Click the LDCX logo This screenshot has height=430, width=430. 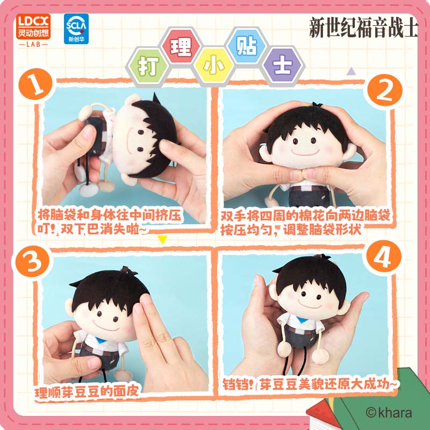(33, 30)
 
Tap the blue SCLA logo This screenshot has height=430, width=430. (76, 29)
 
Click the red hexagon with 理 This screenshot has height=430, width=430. (181, 47)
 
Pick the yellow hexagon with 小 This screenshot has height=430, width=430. (213, 66)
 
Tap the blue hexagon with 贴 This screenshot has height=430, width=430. (246, 46)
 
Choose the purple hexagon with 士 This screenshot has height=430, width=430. (283, 66)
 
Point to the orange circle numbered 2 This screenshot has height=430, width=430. (384, 91)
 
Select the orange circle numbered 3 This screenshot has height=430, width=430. (32, 262)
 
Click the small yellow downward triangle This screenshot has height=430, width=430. (162, 239)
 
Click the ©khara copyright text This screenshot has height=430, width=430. (389, 412)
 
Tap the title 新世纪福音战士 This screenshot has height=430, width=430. (364, 27)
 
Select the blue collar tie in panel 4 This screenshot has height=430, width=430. (302, 320)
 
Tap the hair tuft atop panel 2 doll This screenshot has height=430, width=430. (317, 104)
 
